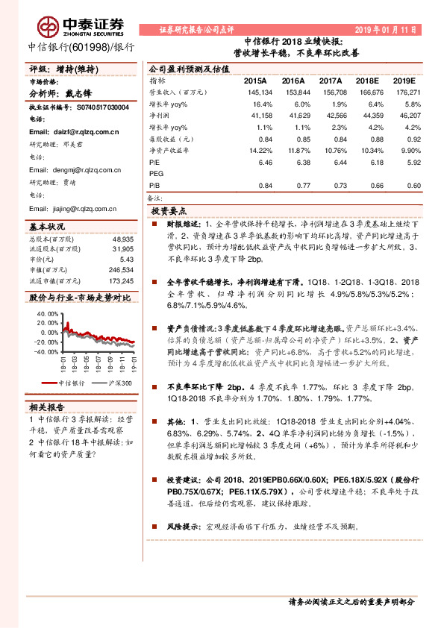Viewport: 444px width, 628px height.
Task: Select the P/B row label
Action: point(155,186)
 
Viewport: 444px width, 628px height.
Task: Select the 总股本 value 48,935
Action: point(122,239)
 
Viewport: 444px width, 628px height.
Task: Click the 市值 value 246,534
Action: point(119,270)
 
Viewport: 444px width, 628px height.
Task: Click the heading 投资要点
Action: point(169,211)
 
